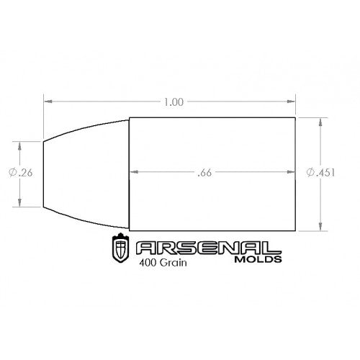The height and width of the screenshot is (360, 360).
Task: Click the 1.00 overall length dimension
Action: (174, 102)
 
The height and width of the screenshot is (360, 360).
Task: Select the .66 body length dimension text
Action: (204, 173)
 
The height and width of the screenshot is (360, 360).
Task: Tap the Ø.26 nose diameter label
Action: (21, 173)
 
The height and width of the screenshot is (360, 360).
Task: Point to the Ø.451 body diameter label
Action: (320, 172)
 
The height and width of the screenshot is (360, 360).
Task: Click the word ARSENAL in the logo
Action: (208, 248)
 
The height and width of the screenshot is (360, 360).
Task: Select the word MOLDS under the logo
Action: (258, 259)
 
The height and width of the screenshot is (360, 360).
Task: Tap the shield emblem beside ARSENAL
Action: (120, 248)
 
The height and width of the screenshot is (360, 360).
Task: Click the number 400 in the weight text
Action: (148, 263)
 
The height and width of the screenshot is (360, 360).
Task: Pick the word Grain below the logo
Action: (173, 263)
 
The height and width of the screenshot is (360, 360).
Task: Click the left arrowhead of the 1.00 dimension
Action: (48, 102)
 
